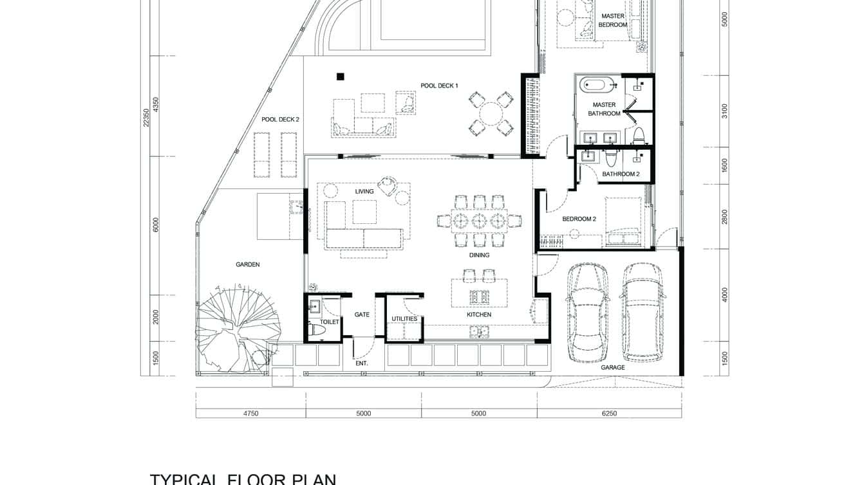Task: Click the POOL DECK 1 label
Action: pyautogui.click(x=439, y=86)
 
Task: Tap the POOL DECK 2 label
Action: pyautogui.click(x=280, y=120)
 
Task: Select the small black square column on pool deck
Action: pyautogui.click(x=340, y=77)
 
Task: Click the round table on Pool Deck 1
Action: pyautogui.click(x=491, y=114)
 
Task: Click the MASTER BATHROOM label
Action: pyautogui.click(x=604, y=109)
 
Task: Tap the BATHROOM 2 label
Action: pyautogui.click(x=621, y=174)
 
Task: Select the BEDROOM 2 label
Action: pyautogui.click(x=579, y=219)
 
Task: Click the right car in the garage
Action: pyautogui.click(x=642, y=312)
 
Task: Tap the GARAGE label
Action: pyautogui.click(x=612, y=368)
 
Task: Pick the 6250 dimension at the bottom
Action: pyautogui.click(x=608, y=414)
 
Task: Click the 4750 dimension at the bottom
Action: pyautogui.click(x=250, y=414)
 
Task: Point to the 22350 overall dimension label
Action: pyautogui.click(x=146, y=118)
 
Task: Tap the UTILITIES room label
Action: pyautogui.click(x=404, y=319)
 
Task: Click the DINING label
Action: pyautogui.click(x=479, y=255)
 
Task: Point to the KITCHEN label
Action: pyautogui.click(x=479, y=315)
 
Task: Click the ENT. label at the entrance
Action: pyautogui.click(x=361, y=364)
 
